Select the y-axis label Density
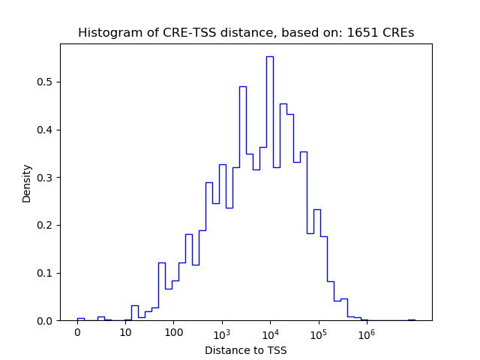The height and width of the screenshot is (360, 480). [x=27, y=183]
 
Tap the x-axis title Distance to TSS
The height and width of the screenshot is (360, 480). [x=245, y=350]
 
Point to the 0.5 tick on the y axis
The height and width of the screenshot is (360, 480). [x=46, y=82]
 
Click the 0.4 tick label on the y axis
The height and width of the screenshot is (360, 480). [x=46, y=130]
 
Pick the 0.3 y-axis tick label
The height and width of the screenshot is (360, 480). [x=46, y=178]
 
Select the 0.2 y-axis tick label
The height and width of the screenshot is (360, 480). [x=46, y=225]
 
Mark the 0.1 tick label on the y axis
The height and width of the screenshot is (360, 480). [x=46, y=273]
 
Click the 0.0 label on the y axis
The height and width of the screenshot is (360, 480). [x=46, y=321]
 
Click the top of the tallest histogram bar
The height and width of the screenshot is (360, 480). [x=269, y=57]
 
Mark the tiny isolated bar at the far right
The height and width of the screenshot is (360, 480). [x=411, y=319]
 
